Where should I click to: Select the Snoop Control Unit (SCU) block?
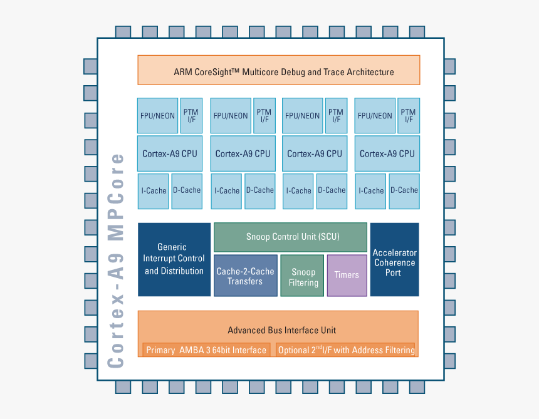click(290, 237)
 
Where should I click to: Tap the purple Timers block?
click(347, 275)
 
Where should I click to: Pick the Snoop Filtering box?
click(303, 276)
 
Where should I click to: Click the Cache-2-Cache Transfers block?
click(245, 276)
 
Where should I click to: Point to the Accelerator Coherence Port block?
click(394, 259)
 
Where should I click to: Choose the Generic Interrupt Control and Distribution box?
click(174, 259)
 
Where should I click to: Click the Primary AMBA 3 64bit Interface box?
click(206, 350)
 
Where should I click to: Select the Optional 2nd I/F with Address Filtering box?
click(345, 350)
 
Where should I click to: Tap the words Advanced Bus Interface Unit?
click(282, 330)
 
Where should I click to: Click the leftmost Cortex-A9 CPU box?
click(170, 153)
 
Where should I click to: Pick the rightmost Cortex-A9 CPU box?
click(387, 153)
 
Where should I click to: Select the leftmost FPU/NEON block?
click(157, 115)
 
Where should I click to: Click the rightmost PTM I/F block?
click(409, 115)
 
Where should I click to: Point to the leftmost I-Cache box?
click(154, 191)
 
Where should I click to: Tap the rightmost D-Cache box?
click(404, 191)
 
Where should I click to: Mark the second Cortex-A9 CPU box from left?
click(243, 153)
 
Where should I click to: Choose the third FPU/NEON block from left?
click(303, 115)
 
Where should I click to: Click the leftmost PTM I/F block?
click(191, 115)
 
